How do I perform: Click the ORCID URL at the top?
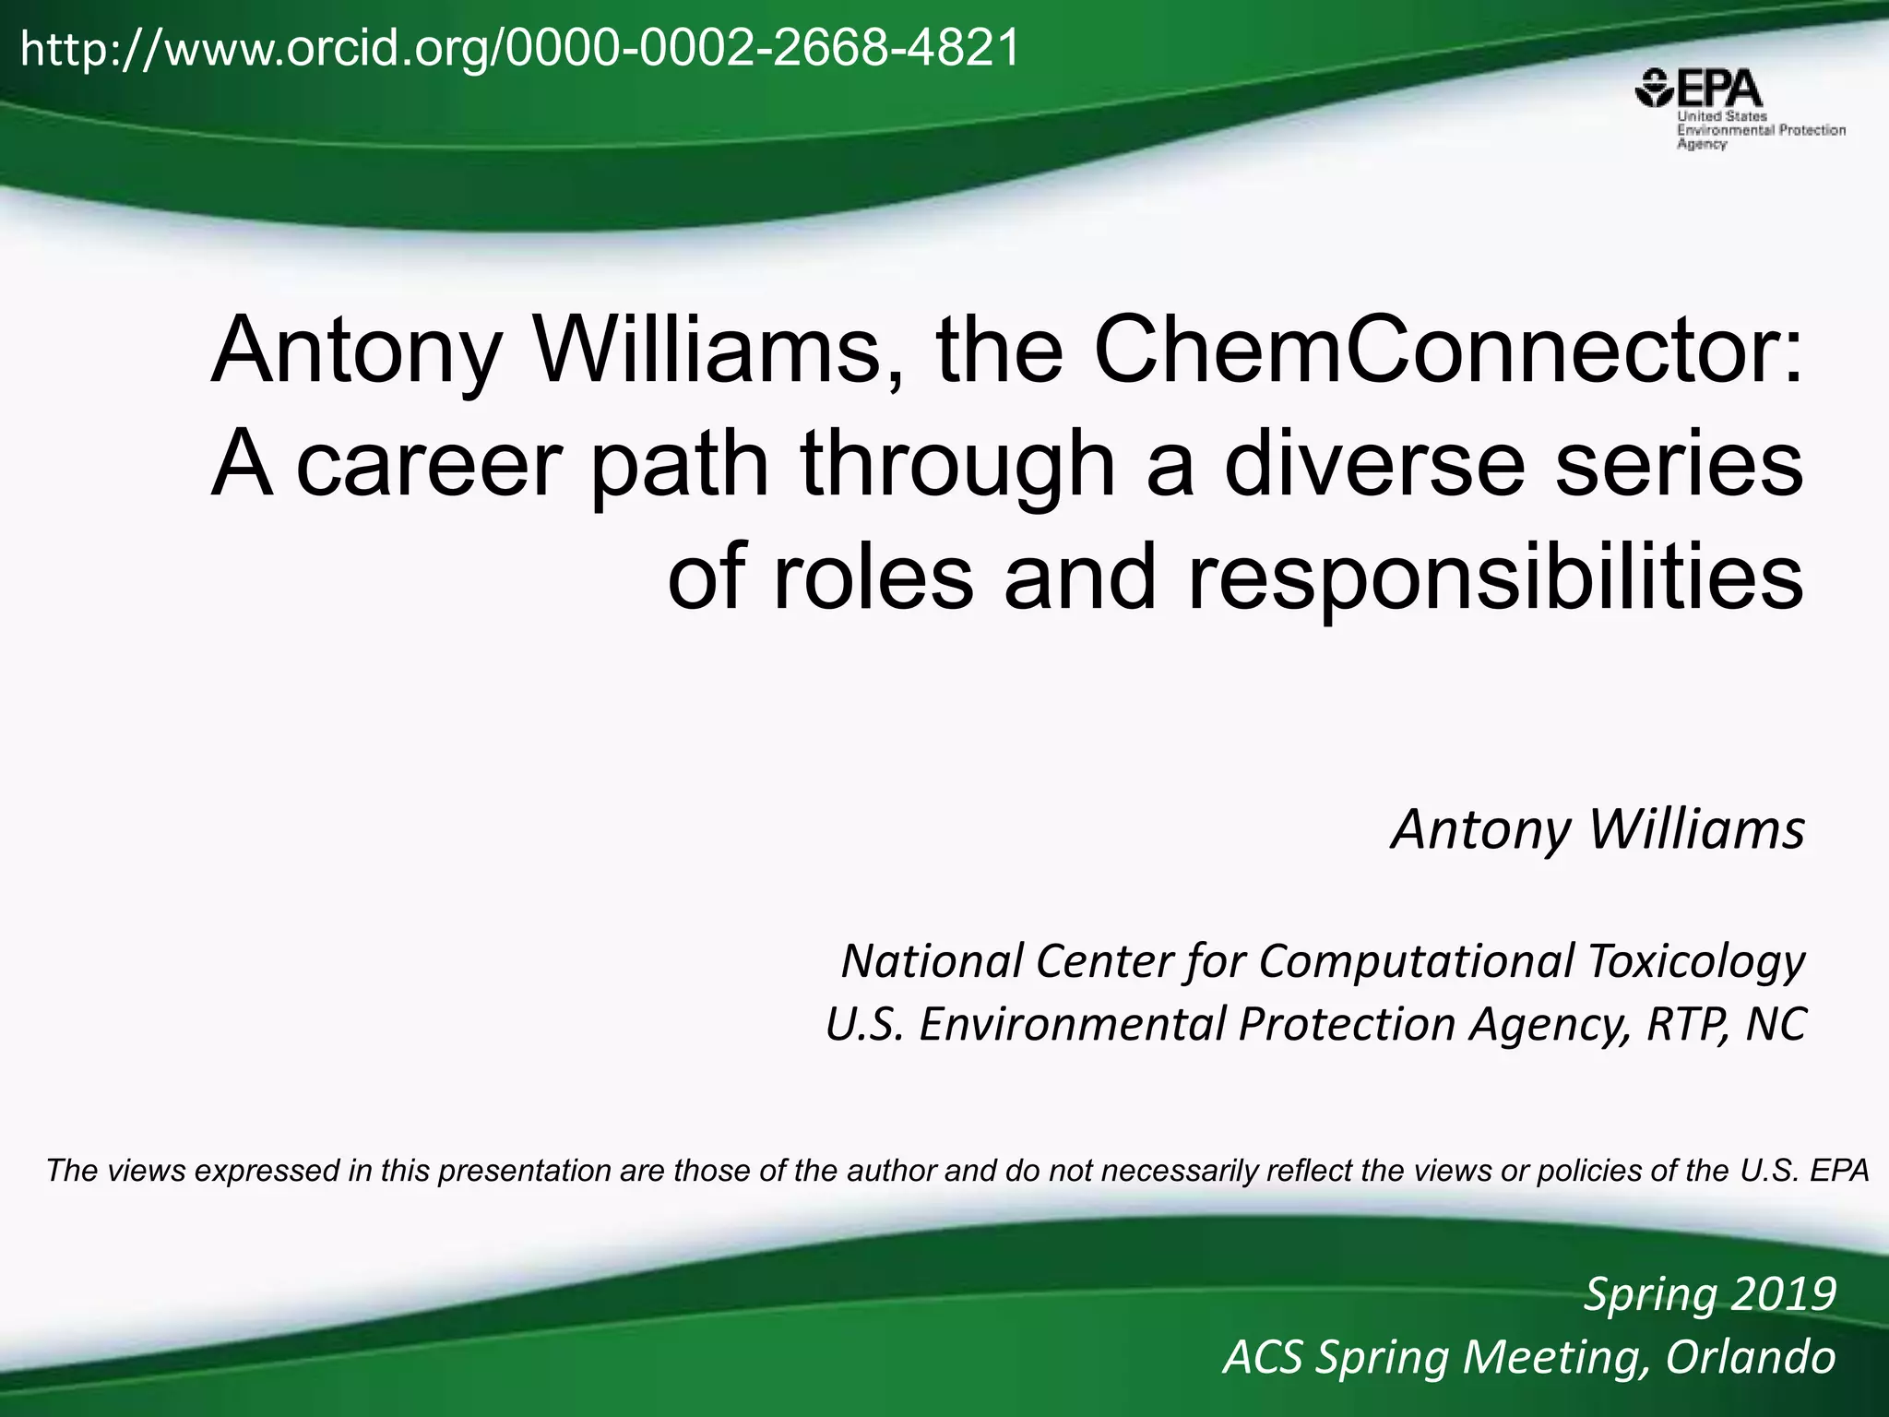[519, 48]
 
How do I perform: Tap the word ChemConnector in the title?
[1445, 351]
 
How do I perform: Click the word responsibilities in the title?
[1494, 578]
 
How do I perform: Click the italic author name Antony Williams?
[1597, 829]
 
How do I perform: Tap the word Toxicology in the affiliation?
[1695, 961]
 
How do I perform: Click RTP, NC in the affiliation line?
[1726, 1025]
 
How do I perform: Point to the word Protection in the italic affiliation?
[1348, 1025]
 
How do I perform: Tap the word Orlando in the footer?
[1750, 1357]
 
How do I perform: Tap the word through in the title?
[957, 464]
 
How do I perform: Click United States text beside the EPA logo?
[1721, 117]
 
